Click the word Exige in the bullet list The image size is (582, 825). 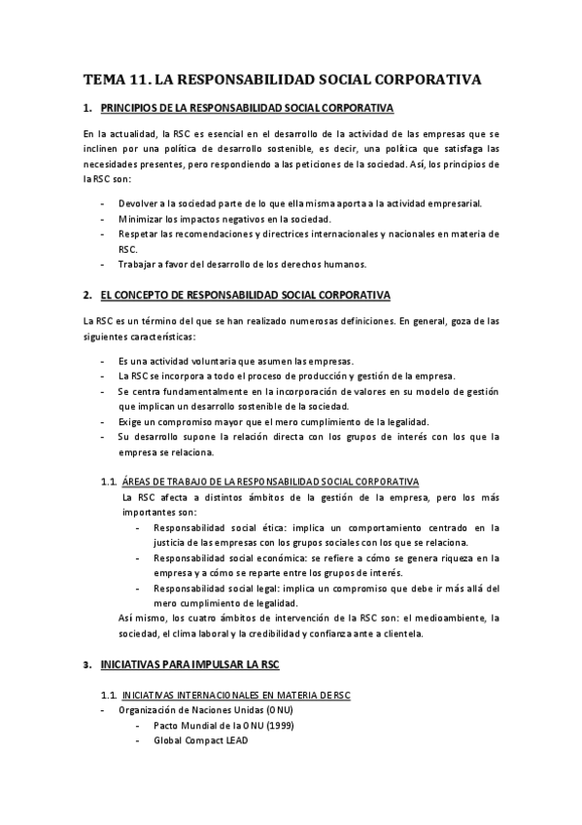point(130,421)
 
